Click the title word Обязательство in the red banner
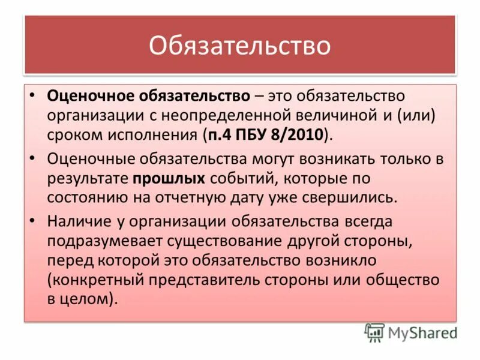click(239, 46)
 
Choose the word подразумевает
click(104, 241)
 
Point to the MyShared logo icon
click(374, 332)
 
